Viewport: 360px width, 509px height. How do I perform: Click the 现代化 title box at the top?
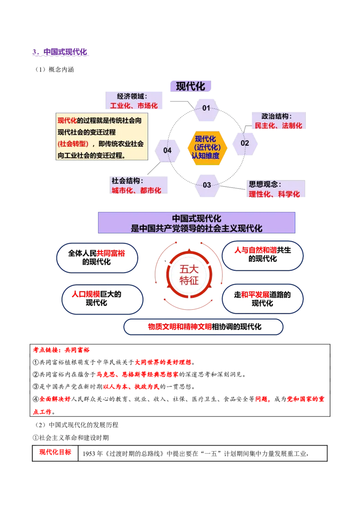[x=190, y=86]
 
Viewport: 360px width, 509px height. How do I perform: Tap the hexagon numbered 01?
[x=207, y=108]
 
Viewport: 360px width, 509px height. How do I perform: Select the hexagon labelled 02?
[x=245, y=143]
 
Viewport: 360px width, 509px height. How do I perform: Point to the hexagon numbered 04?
[x=167, y=150]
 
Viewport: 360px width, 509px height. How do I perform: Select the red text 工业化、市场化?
[x=134, y=106]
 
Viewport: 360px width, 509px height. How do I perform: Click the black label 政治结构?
[x=277, y=116]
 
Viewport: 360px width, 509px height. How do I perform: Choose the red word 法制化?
[x=292, y=126]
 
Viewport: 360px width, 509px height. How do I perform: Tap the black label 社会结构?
[x=127, y=181]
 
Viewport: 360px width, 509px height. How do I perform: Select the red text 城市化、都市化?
[x=136, y=190]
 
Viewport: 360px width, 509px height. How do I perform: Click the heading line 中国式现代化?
[x=197, y=219]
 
